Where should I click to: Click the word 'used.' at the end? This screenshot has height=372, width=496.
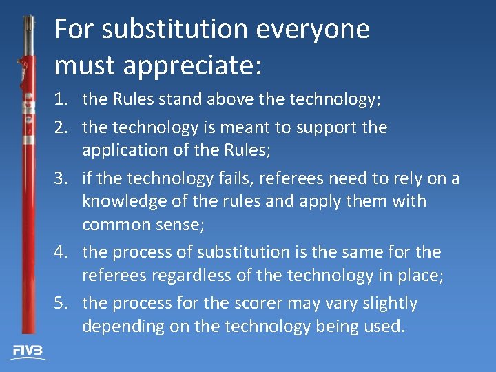384,326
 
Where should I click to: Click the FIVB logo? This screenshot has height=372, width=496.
28,351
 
